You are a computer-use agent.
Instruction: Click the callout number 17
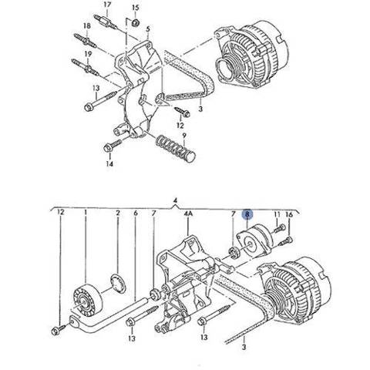[107, 5]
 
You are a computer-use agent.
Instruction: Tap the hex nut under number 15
[136, 22]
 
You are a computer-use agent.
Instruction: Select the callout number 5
[148, 29]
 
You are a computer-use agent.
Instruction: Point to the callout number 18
[87, 25]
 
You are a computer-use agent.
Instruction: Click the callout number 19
[88, 54]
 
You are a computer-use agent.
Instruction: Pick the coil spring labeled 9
[176, 149]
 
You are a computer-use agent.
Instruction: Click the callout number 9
[184, 136]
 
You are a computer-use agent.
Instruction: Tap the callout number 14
[109, 163]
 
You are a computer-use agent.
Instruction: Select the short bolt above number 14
[113, 146]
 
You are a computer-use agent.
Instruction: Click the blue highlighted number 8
[247, 214]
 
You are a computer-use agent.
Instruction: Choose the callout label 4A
[188, 214]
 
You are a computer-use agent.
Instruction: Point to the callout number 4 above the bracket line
[175, 200]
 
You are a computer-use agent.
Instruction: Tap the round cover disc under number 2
[118, 284]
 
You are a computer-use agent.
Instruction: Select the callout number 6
[136, 213]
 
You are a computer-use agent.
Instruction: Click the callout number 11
[277, 214]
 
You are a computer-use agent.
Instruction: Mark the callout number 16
[289, 214]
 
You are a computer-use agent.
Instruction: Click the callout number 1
[86, 213]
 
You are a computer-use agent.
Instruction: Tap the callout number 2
[118, 213]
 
